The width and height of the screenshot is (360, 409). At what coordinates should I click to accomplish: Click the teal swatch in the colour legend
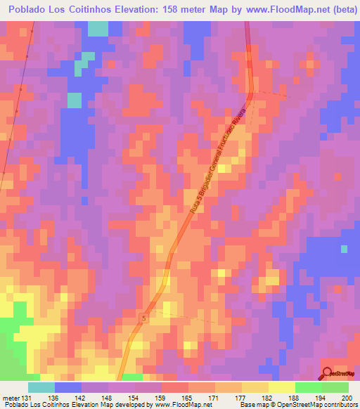[41, 387]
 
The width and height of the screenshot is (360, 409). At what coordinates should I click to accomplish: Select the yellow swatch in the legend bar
[281, 387]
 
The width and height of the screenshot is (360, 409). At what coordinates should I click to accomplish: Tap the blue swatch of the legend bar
[68, 387]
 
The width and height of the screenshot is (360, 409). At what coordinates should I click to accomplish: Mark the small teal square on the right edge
[344, 249]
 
